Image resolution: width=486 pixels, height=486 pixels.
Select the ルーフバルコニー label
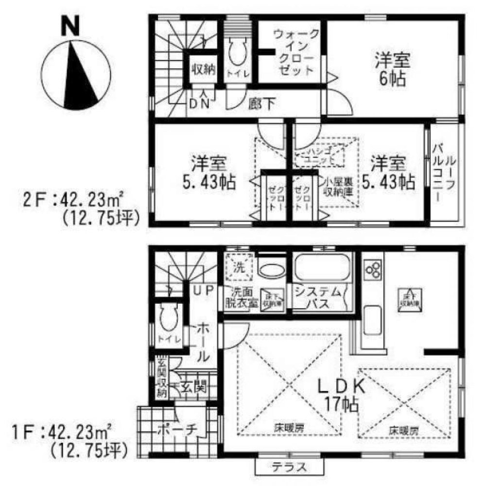click(x=444, y=173)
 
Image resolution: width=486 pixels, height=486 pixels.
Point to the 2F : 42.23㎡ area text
click(x=73, y=199)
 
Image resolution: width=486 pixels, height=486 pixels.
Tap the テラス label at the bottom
click(x=289, y=468)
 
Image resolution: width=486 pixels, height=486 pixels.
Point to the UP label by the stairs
click(x=204, y=290)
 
